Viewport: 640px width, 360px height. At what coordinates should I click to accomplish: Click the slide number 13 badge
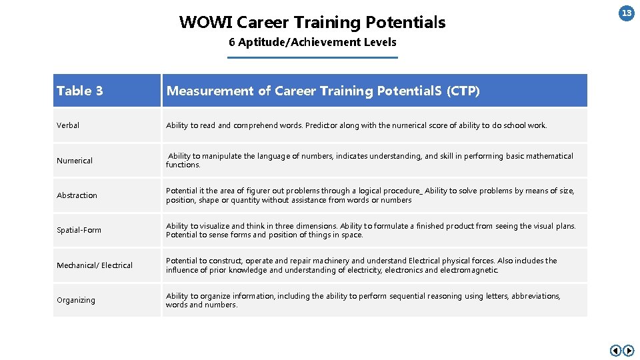[627, 13]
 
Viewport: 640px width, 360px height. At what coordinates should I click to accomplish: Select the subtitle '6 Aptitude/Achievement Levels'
[312, 42]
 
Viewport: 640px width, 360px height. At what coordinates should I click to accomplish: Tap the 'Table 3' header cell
[79, 91]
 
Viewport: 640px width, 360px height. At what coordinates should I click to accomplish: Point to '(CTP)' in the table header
[463, 91]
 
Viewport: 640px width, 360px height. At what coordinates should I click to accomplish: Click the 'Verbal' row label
[68, 125]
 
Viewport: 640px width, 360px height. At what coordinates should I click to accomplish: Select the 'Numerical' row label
[75, 161]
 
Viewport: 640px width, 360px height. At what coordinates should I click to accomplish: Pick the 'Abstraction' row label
[77, 195]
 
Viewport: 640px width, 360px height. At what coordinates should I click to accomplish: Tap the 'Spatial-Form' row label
[79, 230]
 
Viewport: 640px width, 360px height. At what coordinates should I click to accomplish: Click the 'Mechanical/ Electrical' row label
[95, 265]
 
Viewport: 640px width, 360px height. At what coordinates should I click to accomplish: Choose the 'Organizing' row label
[76, 300]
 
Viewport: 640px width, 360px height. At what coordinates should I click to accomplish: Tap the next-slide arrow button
[629, 351]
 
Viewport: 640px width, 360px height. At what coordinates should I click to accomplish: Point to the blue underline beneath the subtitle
[312, 58]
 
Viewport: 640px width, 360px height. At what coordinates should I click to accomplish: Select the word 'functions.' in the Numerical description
[183, 165]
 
